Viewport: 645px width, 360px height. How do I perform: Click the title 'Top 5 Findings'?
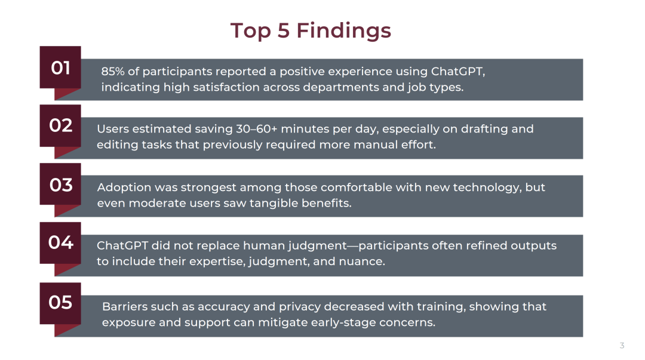pos(311,31)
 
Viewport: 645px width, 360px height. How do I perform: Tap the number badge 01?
pos(60,67)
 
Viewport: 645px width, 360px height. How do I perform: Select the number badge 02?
pos(60,125)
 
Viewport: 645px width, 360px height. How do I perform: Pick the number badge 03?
pos(60,184)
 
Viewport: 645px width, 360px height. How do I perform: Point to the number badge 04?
pos(60,243)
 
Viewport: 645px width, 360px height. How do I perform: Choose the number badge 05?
pos(60,303)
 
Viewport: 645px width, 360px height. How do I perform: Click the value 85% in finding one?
pos(113,72)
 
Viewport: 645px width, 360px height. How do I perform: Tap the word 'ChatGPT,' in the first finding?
pos(458,72)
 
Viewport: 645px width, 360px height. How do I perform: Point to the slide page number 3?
pos(622,346)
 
